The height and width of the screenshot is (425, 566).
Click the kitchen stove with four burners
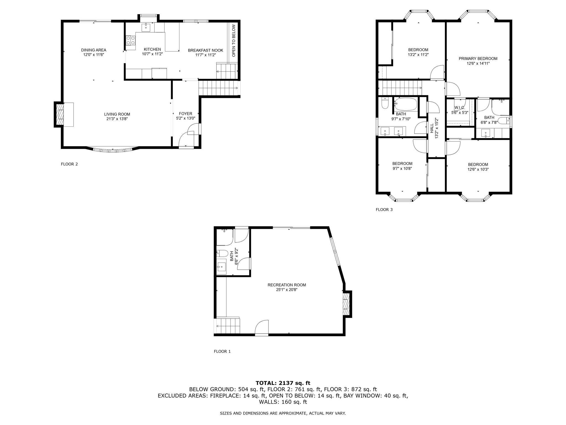click(x=131, y=40)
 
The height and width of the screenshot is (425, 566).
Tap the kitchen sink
click(x=146, y=27)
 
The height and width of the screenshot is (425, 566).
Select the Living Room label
click(x=117, y=114)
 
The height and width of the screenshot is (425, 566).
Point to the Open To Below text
click(x=234, y=41)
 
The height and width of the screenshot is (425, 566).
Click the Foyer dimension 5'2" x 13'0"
click(x=186, y=118)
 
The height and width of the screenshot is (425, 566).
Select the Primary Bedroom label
click(x=478, y=59)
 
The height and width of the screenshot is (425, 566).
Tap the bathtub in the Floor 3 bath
click(x=406, y=104)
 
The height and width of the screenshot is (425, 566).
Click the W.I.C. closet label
click(x=460, y=108)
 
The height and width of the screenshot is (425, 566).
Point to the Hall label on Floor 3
click(x=432, y=128)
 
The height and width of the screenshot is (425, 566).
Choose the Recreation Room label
click(x=287, y=285)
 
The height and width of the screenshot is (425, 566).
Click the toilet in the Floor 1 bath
click(x=222, y=253)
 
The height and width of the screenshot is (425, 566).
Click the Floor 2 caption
click(x=69, y=164)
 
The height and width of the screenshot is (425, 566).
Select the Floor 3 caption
click(x=384, y=209)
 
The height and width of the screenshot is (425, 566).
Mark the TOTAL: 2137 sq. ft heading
click(x=283, y=383)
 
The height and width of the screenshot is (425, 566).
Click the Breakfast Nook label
click(x=206, y=50)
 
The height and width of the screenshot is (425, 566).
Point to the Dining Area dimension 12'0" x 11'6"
click(x=94, y=55)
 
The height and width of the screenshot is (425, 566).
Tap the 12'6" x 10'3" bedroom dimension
click(x=478, y=169)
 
